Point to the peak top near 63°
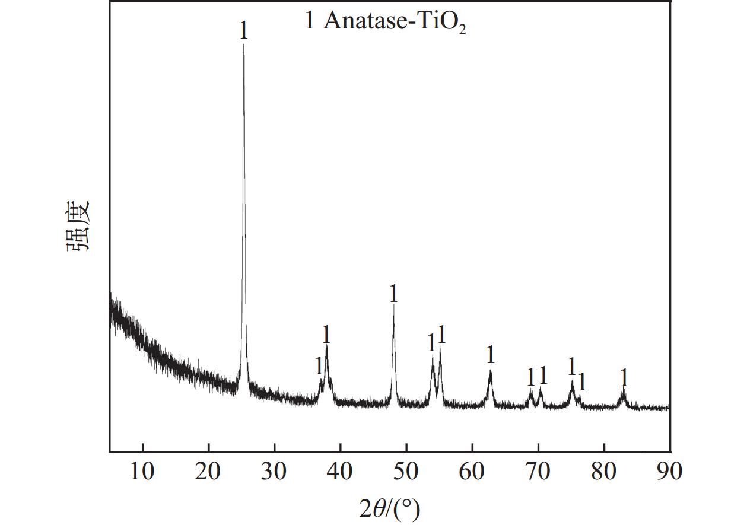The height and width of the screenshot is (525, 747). [x=491, y=371]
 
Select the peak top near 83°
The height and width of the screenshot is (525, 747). [x=623, y=390]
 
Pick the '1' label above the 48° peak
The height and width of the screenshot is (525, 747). [x=393, y=293]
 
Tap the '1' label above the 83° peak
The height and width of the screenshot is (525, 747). [x=624, y=377]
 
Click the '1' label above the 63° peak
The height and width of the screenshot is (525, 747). [x=490, y=354]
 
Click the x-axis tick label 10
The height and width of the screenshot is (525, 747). [x=142, y=471]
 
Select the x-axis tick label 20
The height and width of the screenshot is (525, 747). [x=208, y=471]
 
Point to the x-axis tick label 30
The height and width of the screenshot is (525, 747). [x=274, y=471]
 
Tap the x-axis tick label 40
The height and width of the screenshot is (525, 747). [x=340, y=471]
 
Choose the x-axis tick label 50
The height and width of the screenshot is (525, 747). [x=406, y=471]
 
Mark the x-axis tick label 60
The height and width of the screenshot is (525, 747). [x=472, y=471]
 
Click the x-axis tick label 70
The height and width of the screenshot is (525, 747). [x=538, y=471]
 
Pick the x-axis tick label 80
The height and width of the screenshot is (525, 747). [x=603, y=471]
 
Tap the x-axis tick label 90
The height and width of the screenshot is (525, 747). [x=669, y=471]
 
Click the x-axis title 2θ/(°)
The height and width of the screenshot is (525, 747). [x=389, y=508]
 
